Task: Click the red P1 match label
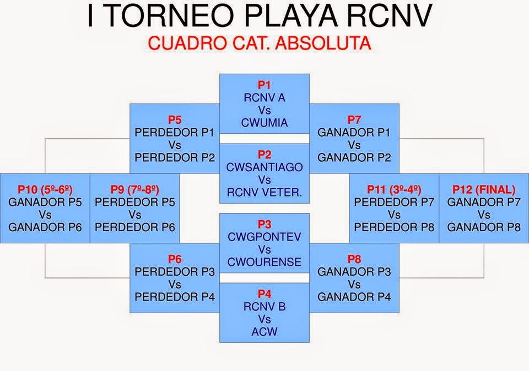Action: [264, 85]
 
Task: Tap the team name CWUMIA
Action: [264, 122]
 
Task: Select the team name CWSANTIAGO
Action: [264, 167]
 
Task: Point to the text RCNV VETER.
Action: [264, 192]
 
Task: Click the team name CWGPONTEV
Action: [264, 237]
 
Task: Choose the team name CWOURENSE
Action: [264, 261]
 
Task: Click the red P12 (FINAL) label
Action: [484, 189]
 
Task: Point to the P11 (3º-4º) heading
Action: [394, 189]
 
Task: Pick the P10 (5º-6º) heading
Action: [45, 189]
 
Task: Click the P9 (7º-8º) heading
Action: [135, 189]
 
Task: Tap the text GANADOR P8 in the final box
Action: [484, 227]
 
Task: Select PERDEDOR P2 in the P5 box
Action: [175, 157]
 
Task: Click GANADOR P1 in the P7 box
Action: [354, 133]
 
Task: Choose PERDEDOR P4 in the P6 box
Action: [175, 297]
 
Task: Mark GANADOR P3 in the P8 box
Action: [354, 272]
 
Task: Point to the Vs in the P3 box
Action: [264, 249]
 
